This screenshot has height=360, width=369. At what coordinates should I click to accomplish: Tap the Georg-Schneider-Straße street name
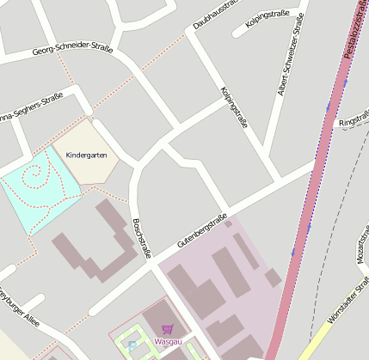coord(73,51)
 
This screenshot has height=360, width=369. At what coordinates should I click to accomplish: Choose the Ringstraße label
coord(354,124)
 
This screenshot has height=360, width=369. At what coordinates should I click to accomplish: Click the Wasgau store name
coord(168,341)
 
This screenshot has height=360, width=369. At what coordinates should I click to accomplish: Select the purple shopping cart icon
coord(167,329)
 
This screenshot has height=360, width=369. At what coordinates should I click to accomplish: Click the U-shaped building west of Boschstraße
coord(99,245)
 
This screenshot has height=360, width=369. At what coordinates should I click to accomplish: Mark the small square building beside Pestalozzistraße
coord(273,278)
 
